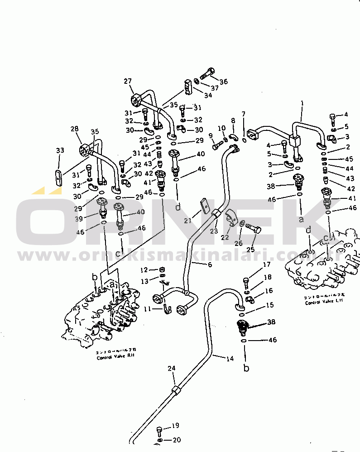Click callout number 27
tap(128, 81)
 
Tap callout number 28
tap(74, 130)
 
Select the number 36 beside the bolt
tap(223, 82)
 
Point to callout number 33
tap(60, 150)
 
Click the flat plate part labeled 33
tap(59, 177)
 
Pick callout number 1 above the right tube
tap(302, 103)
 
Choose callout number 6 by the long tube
tap(209, 264)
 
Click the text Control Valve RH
tap(115, 358)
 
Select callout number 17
tap(267, 264)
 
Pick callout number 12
tap(144, 270)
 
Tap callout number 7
tap(243, 114)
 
